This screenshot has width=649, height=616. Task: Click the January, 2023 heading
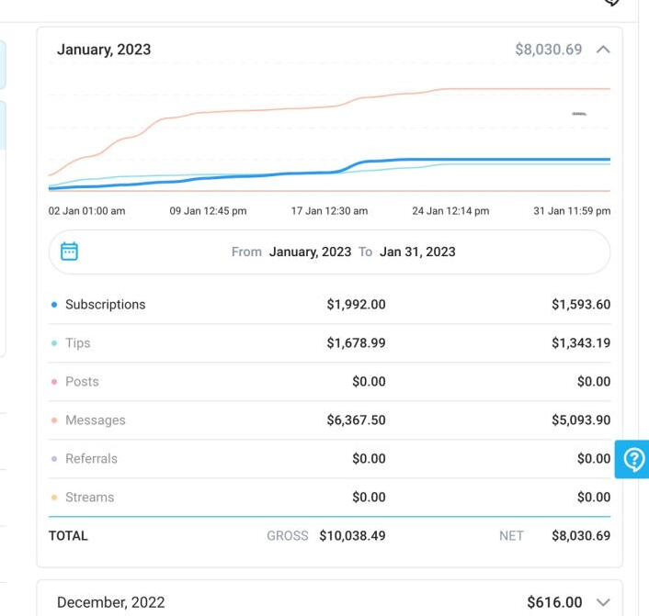tap(104, 50)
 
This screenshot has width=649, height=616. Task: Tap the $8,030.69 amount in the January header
tap(548, 50)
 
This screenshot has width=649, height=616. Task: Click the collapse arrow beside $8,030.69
tap(603, 50)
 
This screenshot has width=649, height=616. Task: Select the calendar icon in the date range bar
tap(69, 252)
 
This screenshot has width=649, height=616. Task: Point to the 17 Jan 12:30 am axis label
tap(329, 211)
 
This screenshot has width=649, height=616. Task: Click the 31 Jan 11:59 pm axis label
tap(572, 211)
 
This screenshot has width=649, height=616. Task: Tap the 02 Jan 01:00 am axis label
tap(86, 211)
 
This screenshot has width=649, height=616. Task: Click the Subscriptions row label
tap(105, 305)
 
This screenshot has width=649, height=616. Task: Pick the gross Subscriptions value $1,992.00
tap(356, 305)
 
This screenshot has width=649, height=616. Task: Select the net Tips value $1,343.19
tap(581, 343)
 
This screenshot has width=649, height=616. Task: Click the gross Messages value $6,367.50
tap(356, 420)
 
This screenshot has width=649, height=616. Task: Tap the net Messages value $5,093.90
tap(581, 420)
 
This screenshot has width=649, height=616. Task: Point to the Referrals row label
tap(91, 459)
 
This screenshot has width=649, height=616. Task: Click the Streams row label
tap(89, 498)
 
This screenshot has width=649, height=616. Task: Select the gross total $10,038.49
tap(352, 536)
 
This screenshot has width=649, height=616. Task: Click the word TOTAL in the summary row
tap(68, 536)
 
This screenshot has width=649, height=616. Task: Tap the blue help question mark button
tap(633, 459)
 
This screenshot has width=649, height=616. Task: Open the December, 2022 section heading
tap(110, 602)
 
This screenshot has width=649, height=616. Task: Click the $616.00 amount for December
tap(554, 602)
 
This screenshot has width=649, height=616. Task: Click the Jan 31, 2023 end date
tap(417, 252)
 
